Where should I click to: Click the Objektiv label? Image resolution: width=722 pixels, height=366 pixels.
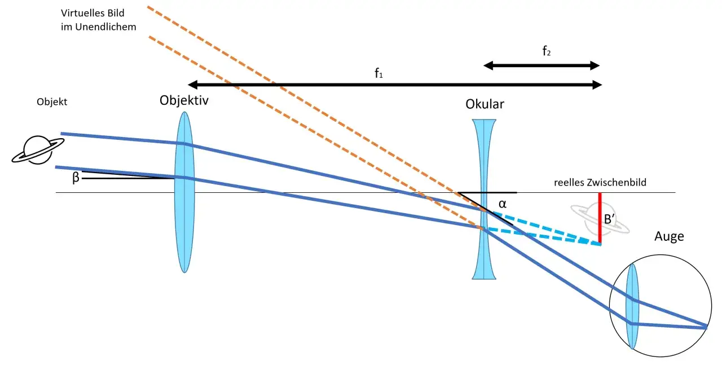coord(184,101)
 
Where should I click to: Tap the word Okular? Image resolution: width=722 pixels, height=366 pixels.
coord(485,104)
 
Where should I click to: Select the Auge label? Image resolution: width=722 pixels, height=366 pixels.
coord(669,237)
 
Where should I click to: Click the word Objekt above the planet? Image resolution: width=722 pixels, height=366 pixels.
coord(52,102)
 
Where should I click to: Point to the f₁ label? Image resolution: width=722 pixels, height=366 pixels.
coord(378,73)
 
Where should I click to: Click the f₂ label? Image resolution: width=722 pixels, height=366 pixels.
coord(547,51)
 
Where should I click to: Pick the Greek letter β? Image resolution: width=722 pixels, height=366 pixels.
coord(76,177)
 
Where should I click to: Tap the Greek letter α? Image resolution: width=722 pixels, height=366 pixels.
coord(502,204)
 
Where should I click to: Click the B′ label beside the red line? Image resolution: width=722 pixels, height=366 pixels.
coord(609,219)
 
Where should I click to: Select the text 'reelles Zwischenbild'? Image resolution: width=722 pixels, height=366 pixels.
coord(600,182)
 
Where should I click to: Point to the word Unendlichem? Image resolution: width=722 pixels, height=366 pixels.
coord(105,27)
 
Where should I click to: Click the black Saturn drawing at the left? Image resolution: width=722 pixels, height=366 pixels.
coord(38,150)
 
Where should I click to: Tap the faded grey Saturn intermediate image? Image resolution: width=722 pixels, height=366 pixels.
coord(600,219)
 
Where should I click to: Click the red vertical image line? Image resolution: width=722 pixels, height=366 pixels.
coord(600,218)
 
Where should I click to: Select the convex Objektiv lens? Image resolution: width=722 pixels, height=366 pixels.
coord(184,192)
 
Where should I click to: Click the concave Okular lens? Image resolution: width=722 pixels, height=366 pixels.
coord(484,199)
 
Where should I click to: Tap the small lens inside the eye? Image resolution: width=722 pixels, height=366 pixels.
coord(632,306)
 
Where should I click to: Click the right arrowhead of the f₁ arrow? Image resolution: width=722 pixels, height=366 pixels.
coord(597,85)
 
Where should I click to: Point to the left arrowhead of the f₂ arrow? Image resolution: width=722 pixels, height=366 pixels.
coord(488,66)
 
